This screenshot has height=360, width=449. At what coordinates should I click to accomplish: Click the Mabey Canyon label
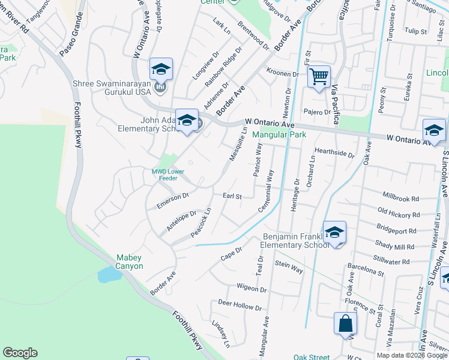[130, 262]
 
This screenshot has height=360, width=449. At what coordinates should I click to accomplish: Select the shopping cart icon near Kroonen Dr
[319, 76]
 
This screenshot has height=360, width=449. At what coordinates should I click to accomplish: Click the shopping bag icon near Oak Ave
[346, 324]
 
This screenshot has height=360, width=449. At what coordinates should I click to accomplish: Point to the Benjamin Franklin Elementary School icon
[334, 232]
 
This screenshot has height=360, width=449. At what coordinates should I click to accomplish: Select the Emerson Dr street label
[173, 200]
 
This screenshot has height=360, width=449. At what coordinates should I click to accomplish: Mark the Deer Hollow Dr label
[240, 305]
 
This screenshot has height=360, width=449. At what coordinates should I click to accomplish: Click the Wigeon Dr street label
[252, 287]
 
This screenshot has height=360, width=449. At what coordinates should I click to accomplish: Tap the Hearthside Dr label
[334, 153]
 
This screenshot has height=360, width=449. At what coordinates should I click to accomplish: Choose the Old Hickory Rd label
[399, 214]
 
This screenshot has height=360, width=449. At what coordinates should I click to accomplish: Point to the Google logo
[20, 353]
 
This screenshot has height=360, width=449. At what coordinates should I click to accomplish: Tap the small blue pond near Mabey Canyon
[108, 275]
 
